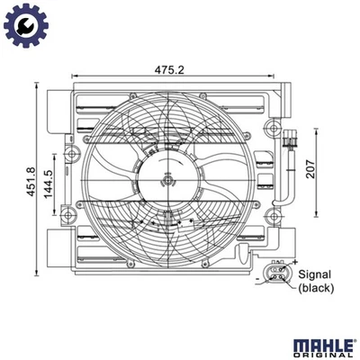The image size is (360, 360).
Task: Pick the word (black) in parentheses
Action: [x=317, y=290]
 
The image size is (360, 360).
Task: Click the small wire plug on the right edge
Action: [x=290, y=142]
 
